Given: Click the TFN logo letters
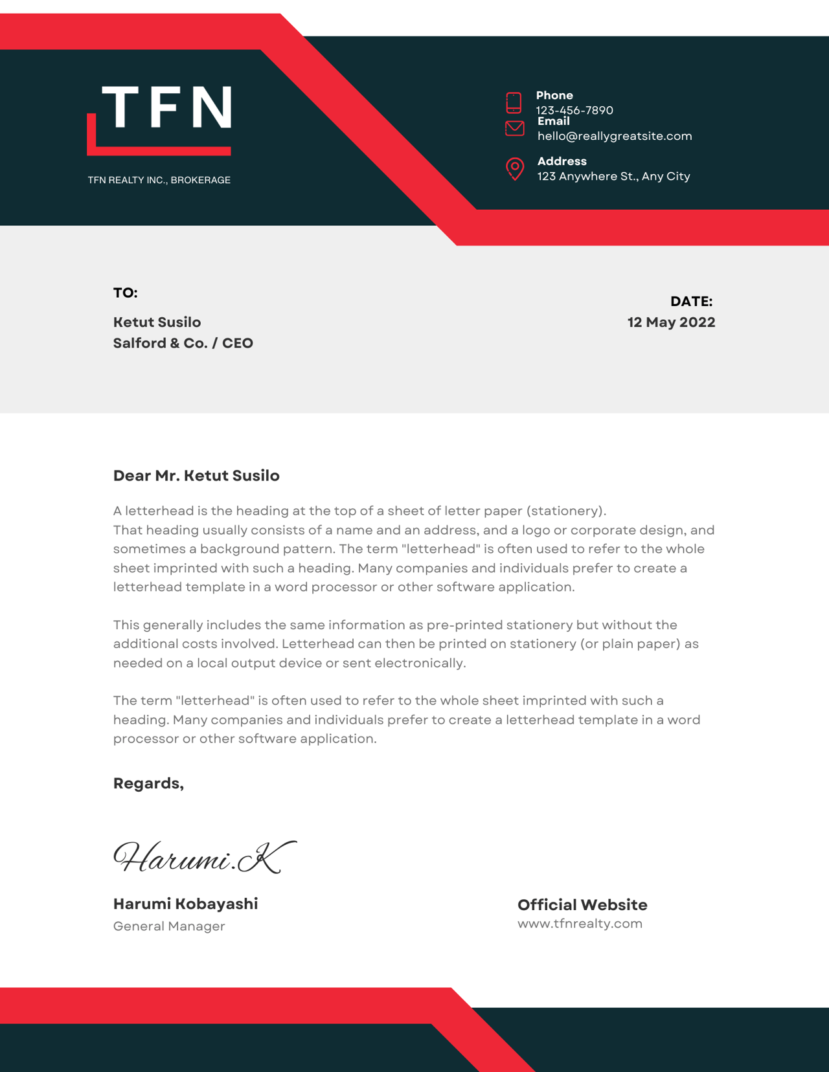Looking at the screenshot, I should pos(166,107).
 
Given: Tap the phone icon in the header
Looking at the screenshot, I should pos(514,102).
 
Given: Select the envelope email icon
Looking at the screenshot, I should pos(515,128).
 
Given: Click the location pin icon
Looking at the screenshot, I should pos(515,168).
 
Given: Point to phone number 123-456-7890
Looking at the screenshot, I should pos(574,110).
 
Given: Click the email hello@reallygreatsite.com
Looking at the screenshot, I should pos(614,136).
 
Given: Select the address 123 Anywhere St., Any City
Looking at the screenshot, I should pos(613,176).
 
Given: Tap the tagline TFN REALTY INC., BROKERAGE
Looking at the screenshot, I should pos(159,180).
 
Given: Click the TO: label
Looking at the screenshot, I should pos(126,293).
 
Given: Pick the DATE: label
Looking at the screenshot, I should pos(691,301).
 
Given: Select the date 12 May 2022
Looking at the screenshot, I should pos(671,322).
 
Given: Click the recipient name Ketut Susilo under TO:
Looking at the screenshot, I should pos(157,322).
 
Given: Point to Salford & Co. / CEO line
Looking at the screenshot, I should pos(183,343).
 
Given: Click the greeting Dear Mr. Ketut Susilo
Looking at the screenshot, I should pos(196,476).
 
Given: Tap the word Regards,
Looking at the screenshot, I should pos(148,783).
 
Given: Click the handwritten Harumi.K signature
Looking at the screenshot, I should pos(203,857).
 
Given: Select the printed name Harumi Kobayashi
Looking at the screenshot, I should pos(185,904).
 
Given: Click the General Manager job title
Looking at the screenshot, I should pos(169,926).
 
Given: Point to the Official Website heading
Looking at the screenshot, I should pos(582,905).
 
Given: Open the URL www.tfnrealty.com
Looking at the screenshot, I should pos(580,924).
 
